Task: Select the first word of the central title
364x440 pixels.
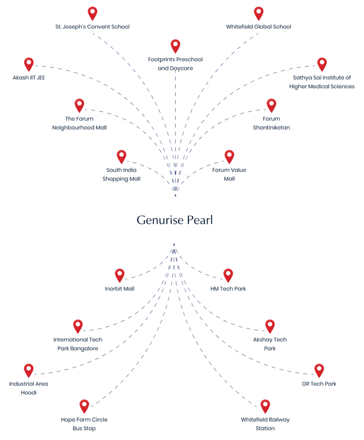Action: (x=159, y=220)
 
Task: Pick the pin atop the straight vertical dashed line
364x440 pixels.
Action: (x=175, y=46)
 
